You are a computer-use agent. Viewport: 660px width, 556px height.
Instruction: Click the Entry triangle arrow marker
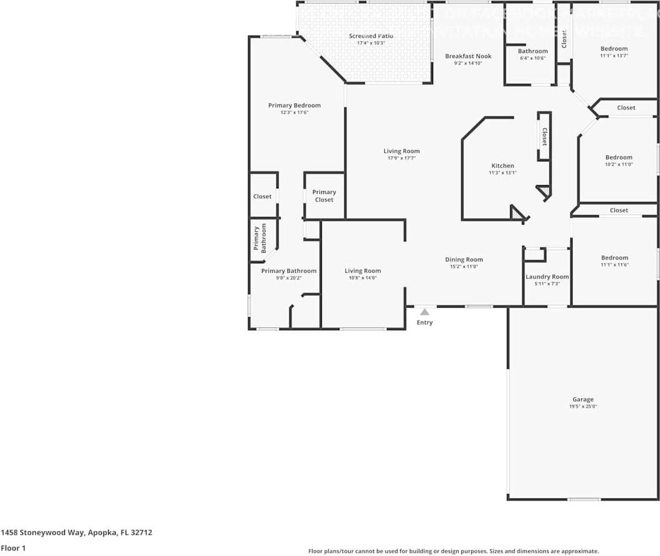(424, 311)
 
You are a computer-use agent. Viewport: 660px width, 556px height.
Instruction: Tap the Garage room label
(582, 399)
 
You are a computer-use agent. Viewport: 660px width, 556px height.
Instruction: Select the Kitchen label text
(502, 166)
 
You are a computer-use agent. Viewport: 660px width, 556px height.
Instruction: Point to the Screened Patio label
(371, 36)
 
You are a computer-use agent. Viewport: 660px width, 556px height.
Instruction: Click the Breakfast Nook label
(468, 56)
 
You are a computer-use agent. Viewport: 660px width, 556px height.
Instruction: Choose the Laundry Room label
(547, 276)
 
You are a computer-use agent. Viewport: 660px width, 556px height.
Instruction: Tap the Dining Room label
(464, 260)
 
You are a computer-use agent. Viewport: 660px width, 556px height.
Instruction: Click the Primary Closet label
(324, 196)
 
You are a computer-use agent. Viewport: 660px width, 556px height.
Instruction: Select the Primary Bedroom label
(294, 105)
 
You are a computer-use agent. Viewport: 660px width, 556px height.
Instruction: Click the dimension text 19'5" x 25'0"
(582, 407)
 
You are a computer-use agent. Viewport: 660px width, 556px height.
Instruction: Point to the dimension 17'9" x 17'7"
(401, 158)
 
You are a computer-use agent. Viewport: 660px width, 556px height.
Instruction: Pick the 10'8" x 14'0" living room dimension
(362, 278)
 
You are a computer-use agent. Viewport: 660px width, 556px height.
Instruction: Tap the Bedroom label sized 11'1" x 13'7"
(614, 49)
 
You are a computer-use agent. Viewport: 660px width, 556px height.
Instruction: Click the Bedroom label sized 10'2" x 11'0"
(619, 158)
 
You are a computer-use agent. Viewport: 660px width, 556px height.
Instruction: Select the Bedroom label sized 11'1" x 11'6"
(614, 258)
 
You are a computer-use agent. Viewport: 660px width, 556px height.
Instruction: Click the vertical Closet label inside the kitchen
(544, 137)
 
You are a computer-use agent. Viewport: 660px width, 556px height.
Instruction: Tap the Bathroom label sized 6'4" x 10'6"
(532, 51)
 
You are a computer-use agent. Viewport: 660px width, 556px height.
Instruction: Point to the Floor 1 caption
(12, 548)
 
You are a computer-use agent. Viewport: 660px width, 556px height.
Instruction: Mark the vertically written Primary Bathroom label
(259, 238)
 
